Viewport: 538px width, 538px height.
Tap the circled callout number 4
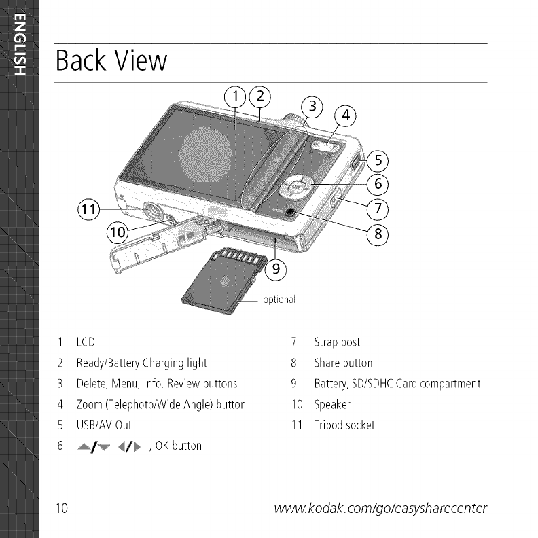tap(345, 116)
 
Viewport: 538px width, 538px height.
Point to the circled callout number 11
tap(88, 208)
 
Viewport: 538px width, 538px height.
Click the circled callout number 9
tap(275, 269)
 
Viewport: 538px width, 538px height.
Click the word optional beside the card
tap(279, 300)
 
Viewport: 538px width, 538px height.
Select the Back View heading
tap(111, 61)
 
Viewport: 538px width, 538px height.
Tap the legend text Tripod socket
tap(344, 425)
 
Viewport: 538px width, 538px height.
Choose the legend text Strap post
tap(337, 342)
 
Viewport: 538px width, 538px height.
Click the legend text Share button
tap(343, 363)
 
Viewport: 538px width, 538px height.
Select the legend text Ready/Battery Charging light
tap(141, 363)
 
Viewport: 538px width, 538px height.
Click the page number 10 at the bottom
tap(62, 508)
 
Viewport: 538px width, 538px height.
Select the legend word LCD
tap(85, 342)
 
